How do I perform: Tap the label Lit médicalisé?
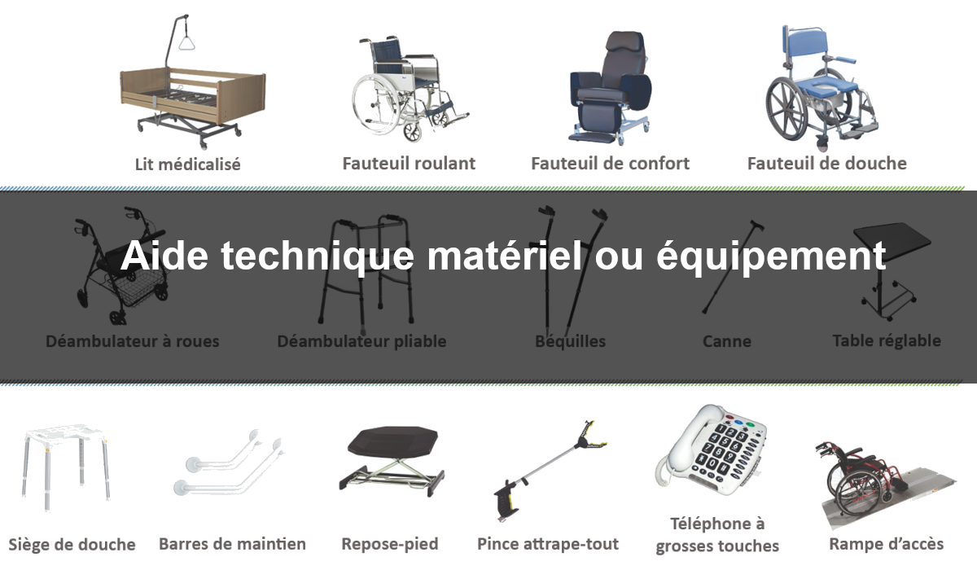[x=187, y=164]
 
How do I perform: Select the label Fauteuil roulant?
[x=409, y=164]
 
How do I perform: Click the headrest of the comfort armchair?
[x=624, y=42]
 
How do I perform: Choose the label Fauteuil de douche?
[x=827, y=164]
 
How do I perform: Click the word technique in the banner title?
[x=317, y=256]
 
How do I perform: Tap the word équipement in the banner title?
[x=771, y=256]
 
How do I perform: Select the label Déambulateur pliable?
[x=361, y=341]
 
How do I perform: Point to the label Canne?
[x=726, y=341]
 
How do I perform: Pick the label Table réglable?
[x=887, y=340]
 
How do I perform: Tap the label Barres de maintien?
[x=232, y=544]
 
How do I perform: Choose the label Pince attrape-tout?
[x=548, y=544]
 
